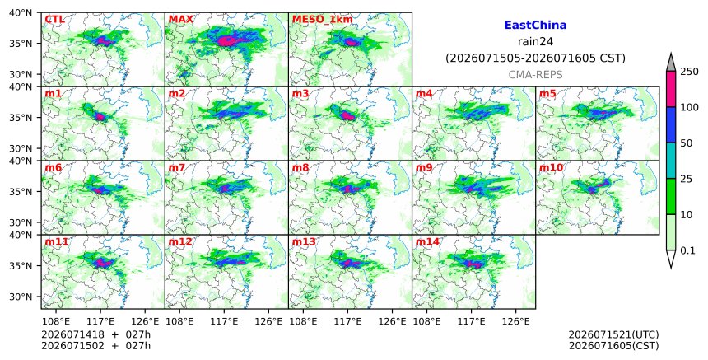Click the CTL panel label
[x=54, y=20]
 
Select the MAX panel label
[x=180, y=20]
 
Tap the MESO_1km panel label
[x=323, y=20]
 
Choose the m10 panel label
[x=551, y=167]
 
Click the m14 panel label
[x=427, y=241]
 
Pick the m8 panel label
[x=300, y=167]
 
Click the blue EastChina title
[x=535, y=26]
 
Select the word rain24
[x=535, y=41]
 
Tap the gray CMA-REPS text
[x=535, y=74]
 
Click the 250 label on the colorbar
[x=690, y=72]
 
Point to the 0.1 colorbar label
[x=687, y=250]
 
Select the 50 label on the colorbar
[x=687, y=143]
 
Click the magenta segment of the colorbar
[x=671, y=89]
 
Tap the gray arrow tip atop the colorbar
[x=671, y=54]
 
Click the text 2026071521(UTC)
[x=613, y=334]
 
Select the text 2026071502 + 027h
[x=95, y=345]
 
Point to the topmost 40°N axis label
[x=21, y=12]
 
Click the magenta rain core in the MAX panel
[x=226, y=41]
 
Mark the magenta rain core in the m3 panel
[x=347, y=115]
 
